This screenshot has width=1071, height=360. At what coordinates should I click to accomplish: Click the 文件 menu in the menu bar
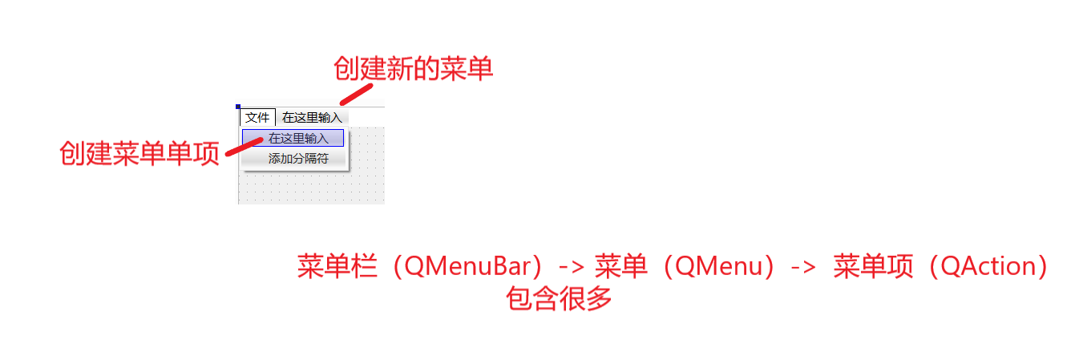tap(257, 118)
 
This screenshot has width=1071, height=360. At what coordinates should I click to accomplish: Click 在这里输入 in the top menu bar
tap(312, 118)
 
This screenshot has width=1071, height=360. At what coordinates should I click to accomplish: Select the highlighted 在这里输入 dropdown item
tap(293, 138)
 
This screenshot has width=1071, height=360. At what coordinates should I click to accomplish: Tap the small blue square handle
tap(238, 106)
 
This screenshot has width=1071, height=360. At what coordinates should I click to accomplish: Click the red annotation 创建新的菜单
tap(413, 70)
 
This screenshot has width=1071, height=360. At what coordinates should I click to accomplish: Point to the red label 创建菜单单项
tap(139, 153)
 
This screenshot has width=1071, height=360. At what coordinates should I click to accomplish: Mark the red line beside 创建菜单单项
tap(245, 145)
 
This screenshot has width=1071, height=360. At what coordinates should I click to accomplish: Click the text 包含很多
tap(559, 299)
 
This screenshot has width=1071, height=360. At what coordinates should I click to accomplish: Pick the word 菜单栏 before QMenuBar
tap(337, 266)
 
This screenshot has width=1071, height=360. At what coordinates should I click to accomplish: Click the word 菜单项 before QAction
tap(873, 266)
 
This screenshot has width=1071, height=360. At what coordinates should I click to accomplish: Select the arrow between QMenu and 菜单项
tap(803, 267)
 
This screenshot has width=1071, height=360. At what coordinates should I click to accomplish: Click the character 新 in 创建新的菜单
tap(394, 70)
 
